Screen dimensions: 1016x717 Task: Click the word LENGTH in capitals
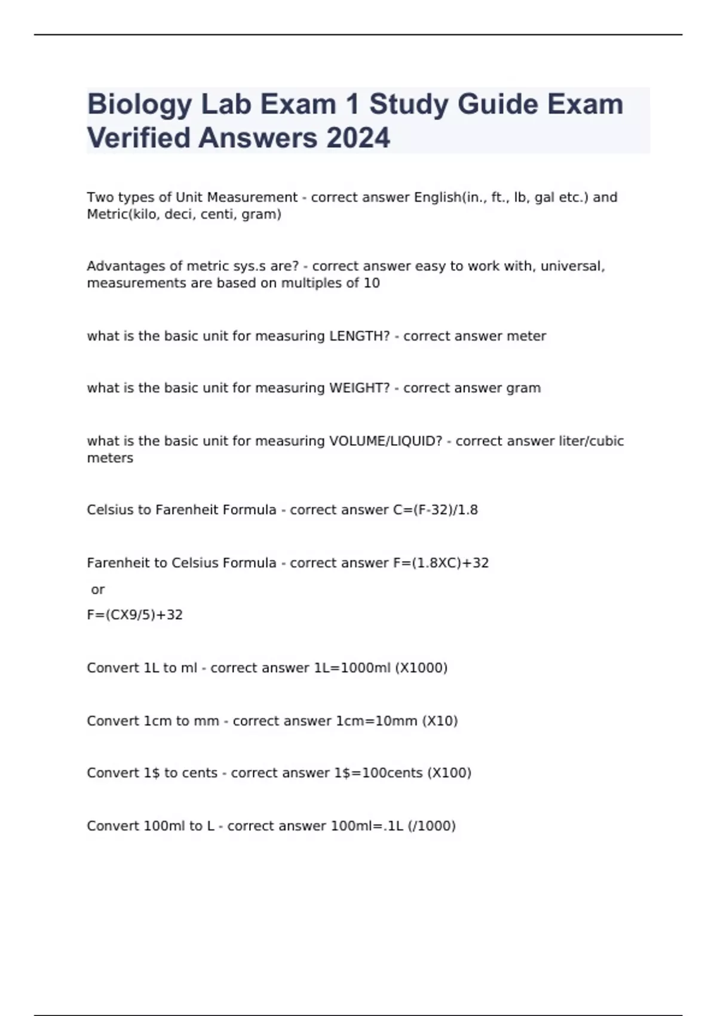(359, 336)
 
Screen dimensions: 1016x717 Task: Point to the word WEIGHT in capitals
(359, 388)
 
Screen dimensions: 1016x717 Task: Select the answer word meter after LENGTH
(526, 336)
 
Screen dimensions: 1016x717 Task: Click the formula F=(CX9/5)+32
(135, 615)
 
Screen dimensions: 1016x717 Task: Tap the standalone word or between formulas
(98, 590)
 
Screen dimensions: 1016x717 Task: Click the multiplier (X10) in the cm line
(440, 721)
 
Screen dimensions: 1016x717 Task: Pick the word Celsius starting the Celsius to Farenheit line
(112, 510)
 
